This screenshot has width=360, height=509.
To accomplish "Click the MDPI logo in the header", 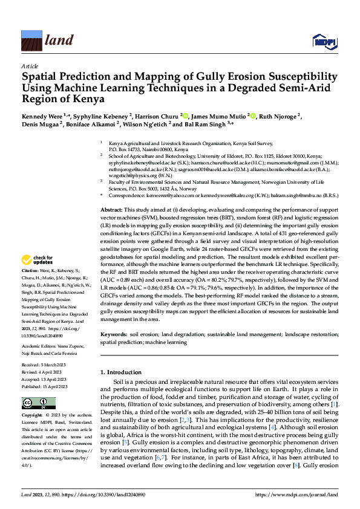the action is pyautogui.click(x=324, y=41).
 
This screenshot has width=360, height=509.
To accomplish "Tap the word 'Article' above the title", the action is pyautogui.click(x=30, y=66).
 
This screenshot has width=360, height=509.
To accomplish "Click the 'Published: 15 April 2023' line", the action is pyautogui.click(x=44, y=386).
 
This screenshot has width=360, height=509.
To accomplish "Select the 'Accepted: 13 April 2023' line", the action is pyautogui.click(x=44, y=379).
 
